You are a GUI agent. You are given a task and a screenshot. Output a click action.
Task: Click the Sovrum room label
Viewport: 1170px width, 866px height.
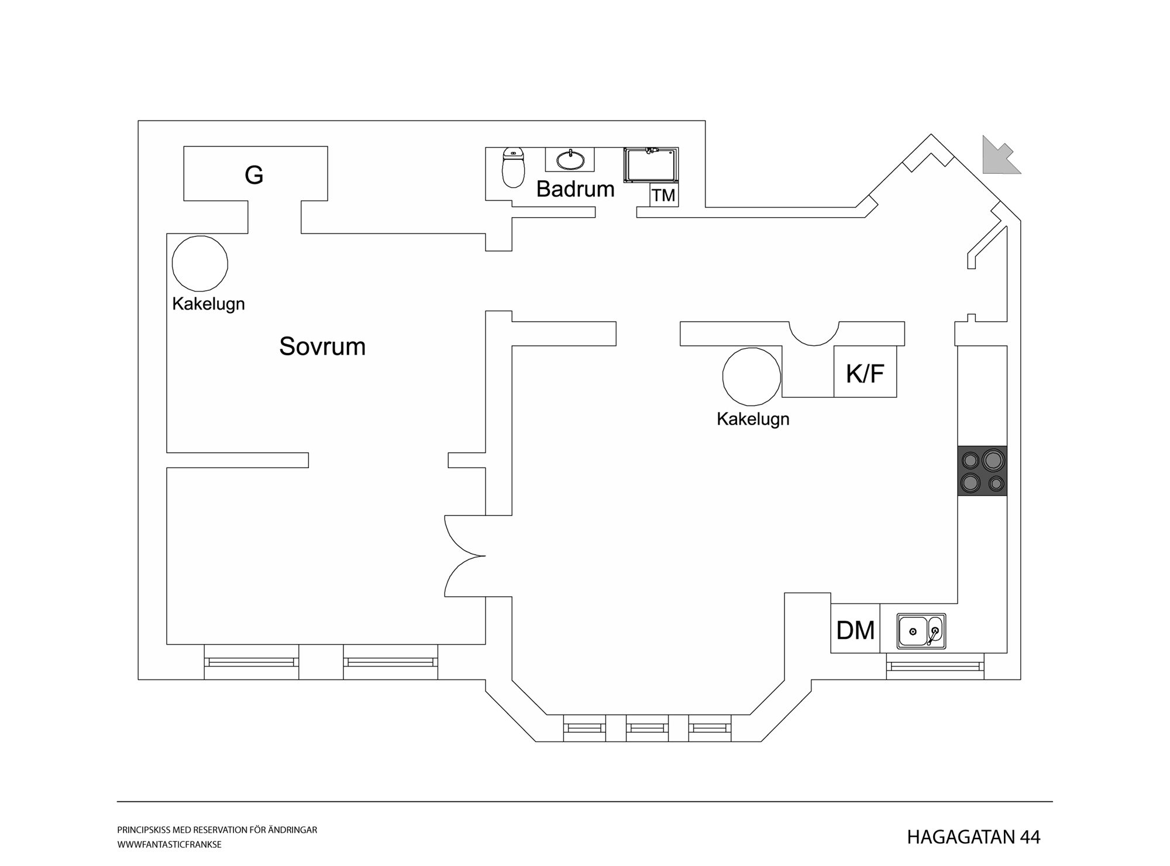(322, 346)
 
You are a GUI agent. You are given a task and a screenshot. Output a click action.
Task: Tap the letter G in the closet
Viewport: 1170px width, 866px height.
(254, 175)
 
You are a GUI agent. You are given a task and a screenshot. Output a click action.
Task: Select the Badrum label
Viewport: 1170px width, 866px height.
(575, 189)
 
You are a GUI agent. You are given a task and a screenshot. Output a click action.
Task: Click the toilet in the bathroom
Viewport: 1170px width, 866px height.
(513, 167)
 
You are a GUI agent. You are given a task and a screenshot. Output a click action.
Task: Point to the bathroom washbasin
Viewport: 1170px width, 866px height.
(570, 160)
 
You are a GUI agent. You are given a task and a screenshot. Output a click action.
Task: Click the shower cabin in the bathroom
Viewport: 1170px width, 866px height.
(651, 166)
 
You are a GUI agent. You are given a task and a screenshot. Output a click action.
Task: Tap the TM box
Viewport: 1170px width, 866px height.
(664, 195)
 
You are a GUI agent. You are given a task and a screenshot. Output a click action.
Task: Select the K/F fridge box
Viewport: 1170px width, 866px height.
(865, 372)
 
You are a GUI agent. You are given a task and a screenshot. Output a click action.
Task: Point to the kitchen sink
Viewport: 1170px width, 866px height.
(921, 631)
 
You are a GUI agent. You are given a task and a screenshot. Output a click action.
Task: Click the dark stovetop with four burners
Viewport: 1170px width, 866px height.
(982, 471)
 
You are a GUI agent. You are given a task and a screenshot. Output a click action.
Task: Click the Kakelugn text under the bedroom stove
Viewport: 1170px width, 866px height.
(208, 304)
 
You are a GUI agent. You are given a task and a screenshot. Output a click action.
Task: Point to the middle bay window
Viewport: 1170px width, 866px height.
(648, 728)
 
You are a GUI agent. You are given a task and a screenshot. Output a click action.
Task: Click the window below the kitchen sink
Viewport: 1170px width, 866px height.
(935, 666)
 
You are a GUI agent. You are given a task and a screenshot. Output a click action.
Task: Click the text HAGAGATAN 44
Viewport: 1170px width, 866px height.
(973, 837)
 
